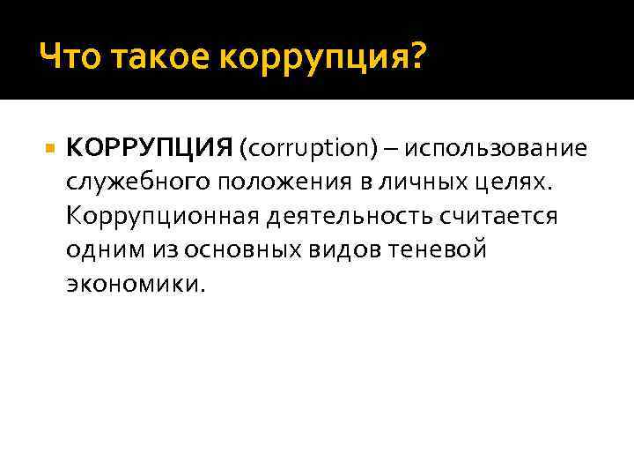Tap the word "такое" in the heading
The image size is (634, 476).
tap(157, 59)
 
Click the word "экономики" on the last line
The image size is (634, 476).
tap(132, 284)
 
